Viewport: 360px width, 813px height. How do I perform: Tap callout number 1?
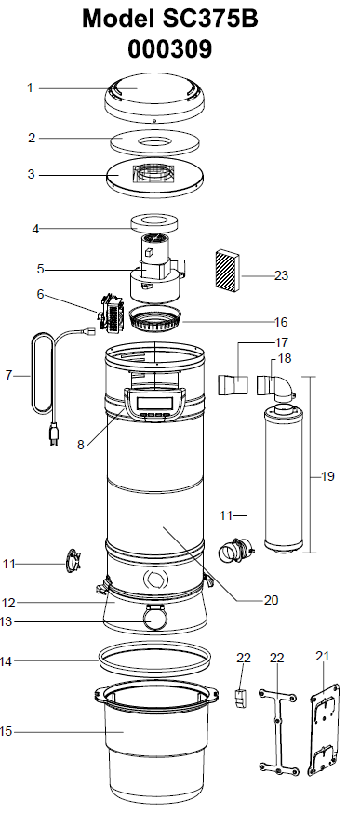(30, 87)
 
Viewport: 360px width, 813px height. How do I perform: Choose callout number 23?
(282, 275)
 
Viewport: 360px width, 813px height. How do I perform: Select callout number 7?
(8, 376)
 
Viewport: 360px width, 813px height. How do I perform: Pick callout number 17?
(282, 342)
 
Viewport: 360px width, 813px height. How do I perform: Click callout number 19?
(327, 476)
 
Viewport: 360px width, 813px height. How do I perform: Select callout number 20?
(271, 600)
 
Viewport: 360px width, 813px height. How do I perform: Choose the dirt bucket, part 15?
(153, 735)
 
